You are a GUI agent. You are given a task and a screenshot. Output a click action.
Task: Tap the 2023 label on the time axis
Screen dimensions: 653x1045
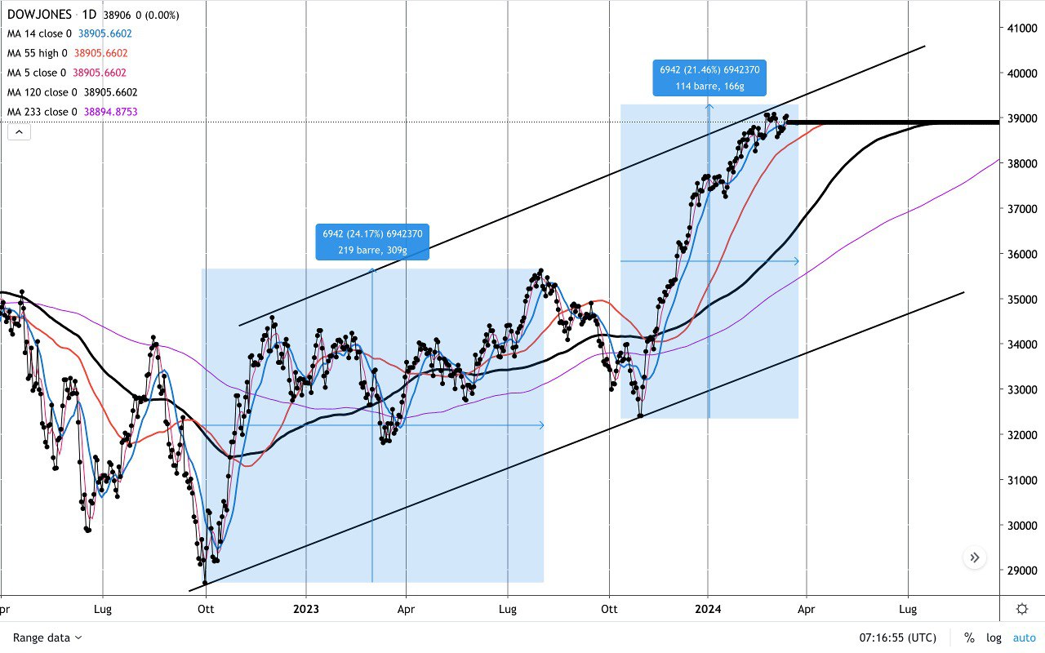306,609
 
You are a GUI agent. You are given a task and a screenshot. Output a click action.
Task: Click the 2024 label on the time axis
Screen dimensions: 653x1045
708,609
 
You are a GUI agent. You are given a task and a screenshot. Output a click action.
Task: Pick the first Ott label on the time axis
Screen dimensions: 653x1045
206,609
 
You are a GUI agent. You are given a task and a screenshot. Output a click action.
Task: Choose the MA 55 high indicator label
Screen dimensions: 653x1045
38,53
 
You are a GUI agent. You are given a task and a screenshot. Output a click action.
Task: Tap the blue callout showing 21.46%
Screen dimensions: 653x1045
709,78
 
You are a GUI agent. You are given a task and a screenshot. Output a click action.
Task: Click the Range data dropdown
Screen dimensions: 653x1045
47,637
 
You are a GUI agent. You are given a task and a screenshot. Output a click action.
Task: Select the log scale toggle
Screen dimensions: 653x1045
994,637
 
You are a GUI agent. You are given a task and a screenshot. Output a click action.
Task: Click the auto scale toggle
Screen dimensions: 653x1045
1024,637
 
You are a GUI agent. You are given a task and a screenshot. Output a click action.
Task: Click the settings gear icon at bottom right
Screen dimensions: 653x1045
1022,609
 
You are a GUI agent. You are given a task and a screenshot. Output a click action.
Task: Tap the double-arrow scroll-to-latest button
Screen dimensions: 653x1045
974,558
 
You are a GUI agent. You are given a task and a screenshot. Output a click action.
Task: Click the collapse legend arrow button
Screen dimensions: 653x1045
19,131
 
